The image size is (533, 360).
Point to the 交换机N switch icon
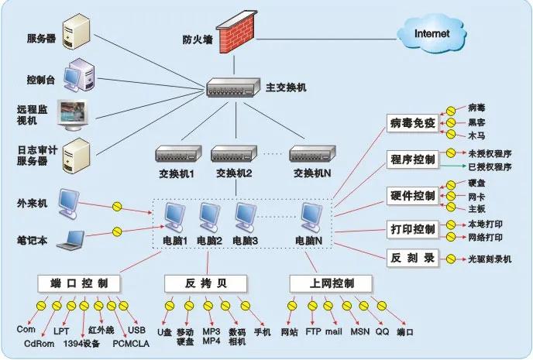point(311,153)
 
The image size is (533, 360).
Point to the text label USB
point(137,330)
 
